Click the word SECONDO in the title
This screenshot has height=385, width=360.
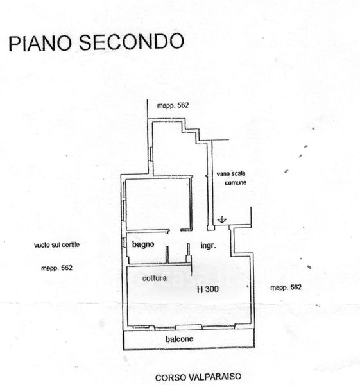click(x=132, y=42)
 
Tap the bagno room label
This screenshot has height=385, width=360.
click(x=143, y=244)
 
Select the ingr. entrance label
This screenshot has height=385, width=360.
click(x=209, y=246)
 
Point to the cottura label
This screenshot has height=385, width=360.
click(x=155, y=278)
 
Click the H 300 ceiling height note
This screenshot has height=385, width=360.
click(x=208, y=289)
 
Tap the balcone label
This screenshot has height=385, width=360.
click(x=179, y=339)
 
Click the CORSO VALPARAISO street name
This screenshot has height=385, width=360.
click(x=198, y=377)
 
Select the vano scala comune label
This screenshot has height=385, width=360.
click(x=231, y=178)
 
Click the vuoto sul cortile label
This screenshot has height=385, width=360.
click(x=56, y=245)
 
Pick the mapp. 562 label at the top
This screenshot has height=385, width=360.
click(x=173, y=105)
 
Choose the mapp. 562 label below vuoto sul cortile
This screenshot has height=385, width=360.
click(x=56, y=268)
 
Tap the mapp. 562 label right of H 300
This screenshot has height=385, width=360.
click(x=286, y=287)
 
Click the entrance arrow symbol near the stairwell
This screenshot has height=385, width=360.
click(x=222, y=219)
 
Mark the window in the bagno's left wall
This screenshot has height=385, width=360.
click(x=124, y=243)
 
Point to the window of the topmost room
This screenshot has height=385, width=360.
click(x=151, y=154)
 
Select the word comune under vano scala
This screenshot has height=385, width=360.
click(x=236, y=183)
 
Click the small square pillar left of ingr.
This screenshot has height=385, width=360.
click(x=189, y=259)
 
